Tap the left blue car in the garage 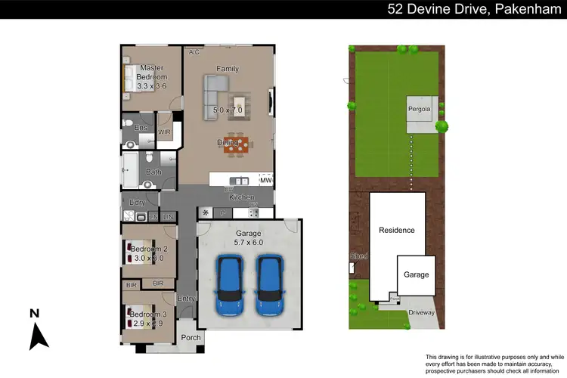tap(229, 286)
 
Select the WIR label tap(164, 132)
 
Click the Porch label tap(191, 336)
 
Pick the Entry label tap(186, 299)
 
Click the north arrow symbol tap(37, 332)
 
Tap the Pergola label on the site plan tap(421, 109)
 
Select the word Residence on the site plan tap(397, 230)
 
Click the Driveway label tap(422, 311)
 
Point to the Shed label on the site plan tap(358, 256)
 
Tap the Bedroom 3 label tap(147, 313)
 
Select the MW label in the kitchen tap(265, 181)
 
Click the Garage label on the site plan tap(416, 274)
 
